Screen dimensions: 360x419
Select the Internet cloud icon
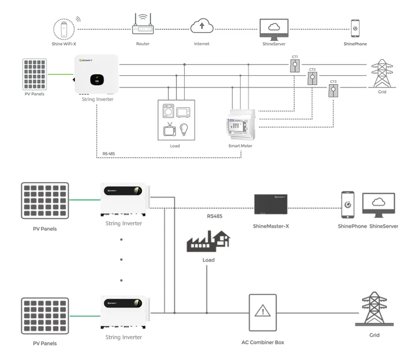(x=202, y=27)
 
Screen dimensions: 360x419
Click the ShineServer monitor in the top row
(x=274, y=29)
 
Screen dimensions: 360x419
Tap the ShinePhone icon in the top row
(x=355, y=29)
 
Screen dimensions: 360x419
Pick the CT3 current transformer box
(x=333, y=91)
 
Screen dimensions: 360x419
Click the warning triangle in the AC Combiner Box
(x=263, y=312)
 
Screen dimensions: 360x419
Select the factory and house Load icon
(x=209, y=242)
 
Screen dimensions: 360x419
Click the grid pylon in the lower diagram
(x=374, y=308)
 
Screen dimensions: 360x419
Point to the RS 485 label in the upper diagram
(x=108, y=154)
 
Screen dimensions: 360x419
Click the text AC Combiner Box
(x=263, y=342)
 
